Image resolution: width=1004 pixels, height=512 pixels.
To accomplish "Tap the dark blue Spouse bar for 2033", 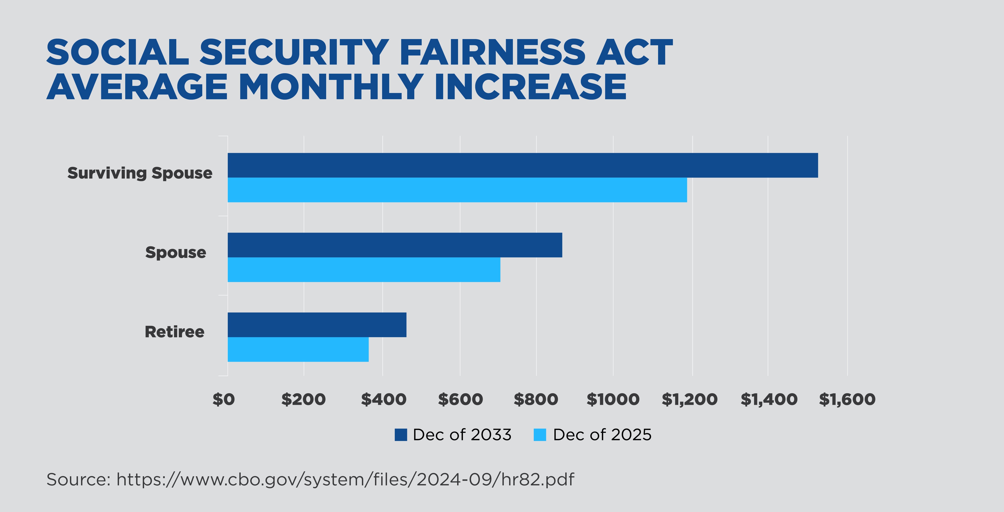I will tap(394, 245).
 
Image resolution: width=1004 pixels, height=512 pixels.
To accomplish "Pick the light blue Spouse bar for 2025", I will tap(364, 270).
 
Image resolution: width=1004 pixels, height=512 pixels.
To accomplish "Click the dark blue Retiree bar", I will tap(316, 325).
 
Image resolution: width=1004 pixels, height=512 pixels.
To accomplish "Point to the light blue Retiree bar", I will tap(298, 349).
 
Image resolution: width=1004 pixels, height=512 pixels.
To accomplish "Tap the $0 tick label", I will tap(223, 399).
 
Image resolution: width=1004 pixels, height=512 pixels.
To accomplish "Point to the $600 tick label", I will tap(460, 399).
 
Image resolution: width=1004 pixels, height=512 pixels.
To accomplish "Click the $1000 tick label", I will tap(613, 399).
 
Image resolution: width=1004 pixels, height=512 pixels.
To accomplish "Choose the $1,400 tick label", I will tap(769, 399).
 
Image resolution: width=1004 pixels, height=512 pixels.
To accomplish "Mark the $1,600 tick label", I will tap(847, 399).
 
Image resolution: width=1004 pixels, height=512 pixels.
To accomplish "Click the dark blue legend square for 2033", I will tap(401, 435).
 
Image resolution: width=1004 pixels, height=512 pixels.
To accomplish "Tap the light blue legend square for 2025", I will tap(540, 435).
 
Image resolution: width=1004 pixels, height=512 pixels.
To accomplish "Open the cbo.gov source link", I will tap(345, 480).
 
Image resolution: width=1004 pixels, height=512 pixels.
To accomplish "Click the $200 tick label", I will tap(303, 399).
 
